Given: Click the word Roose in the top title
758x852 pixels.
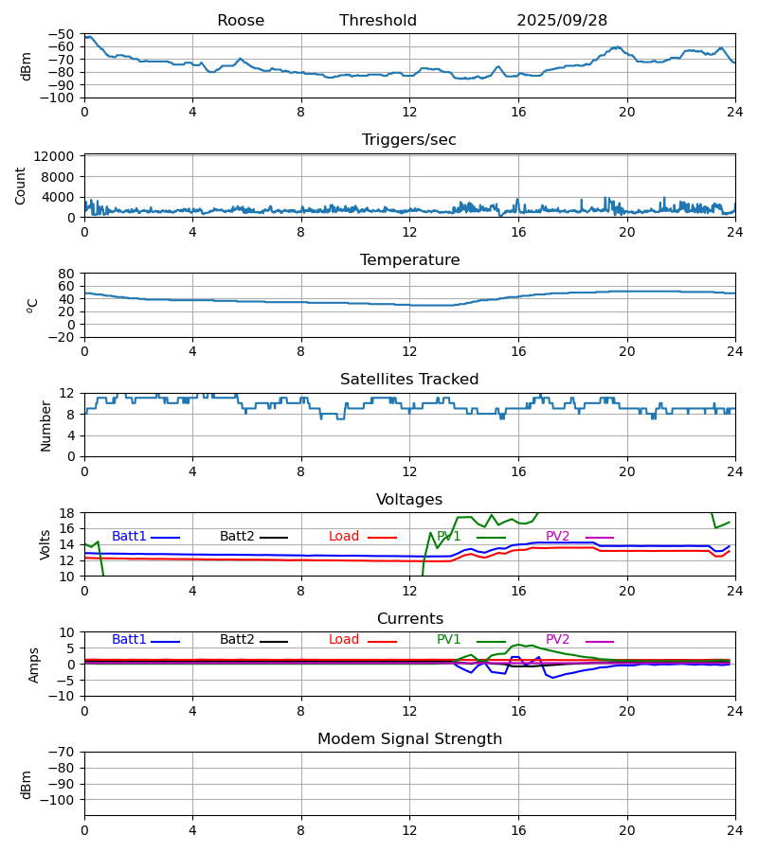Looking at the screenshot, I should coord(241,21).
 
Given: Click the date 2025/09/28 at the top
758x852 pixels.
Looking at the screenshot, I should coord(562,21).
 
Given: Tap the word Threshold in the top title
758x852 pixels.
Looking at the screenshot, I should coord(378,21).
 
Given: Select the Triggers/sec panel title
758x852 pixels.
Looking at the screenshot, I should coord(409,140).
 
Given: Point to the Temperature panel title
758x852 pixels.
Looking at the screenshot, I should coord(409,260).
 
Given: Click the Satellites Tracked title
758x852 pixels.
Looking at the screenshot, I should coord(409,380).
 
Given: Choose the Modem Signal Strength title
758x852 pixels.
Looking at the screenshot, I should coord(409,739).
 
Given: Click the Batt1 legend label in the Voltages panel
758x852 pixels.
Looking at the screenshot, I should coord(129,537).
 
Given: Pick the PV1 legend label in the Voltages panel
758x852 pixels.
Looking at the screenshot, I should coord(449,537).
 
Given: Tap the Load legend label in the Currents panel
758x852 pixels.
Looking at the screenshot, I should coord(344,640).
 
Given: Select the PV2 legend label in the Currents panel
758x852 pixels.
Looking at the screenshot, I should coord(558,640).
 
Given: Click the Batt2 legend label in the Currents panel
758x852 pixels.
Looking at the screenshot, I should coord(237,640).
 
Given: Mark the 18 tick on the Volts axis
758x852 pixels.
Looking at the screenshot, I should coord(69,513).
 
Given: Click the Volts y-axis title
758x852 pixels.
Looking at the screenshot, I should coord(45,544).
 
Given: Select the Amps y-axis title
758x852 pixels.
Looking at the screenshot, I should coord(35,665).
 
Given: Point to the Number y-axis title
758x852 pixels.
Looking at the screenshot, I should coord(45,425).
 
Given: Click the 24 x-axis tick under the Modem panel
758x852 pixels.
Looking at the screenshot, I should coord(735,830).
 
